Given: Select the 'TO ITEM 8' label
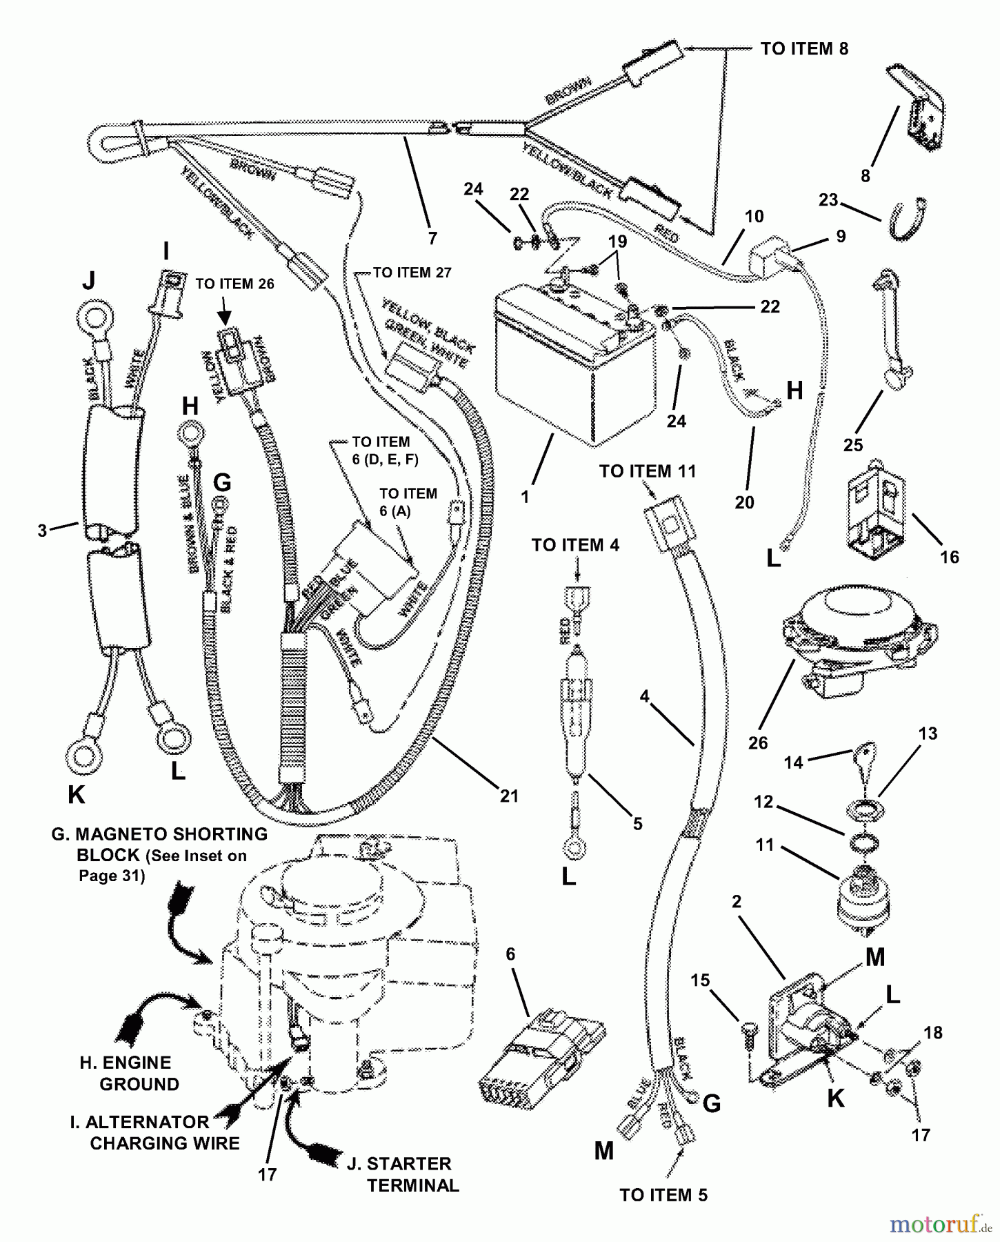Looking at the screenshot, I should tap(804, 49).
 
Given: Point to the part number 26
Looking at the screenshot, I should tap(757, 743).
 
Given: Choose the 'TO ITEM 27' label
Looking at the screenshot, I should tap(412, 273).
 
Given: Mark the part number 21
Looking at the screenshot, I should tap(509, 796).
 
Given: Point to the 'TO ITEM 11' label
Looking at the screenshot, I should tap(648, 471).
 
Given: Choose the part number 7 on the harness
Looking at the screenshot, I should tap(432, 239).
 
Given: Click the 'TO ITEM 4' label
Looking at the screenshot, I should tap(575, 545).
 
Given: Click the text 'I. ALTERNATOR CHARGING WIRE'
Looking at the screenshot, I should tap(155, 1132).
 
